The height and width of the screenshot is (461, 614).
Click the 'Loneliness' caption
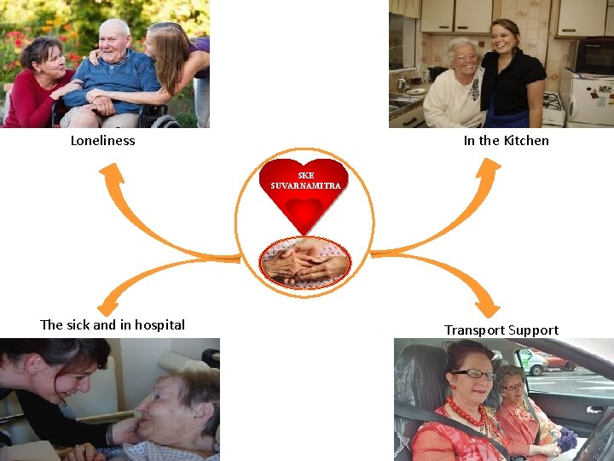102,141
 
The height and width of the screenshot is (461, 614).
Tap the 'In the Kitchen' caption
506,141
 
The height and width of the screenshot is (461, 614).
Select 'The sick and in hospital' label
113,325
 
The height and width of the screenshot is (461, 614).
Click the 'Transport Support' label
501,330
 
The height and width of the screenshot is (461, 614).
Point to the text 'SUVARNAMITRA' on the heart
305,185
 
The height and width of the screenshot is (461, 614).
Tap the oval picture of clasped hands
304,262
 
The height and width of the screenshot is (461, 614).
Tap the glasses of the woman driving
473,374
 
